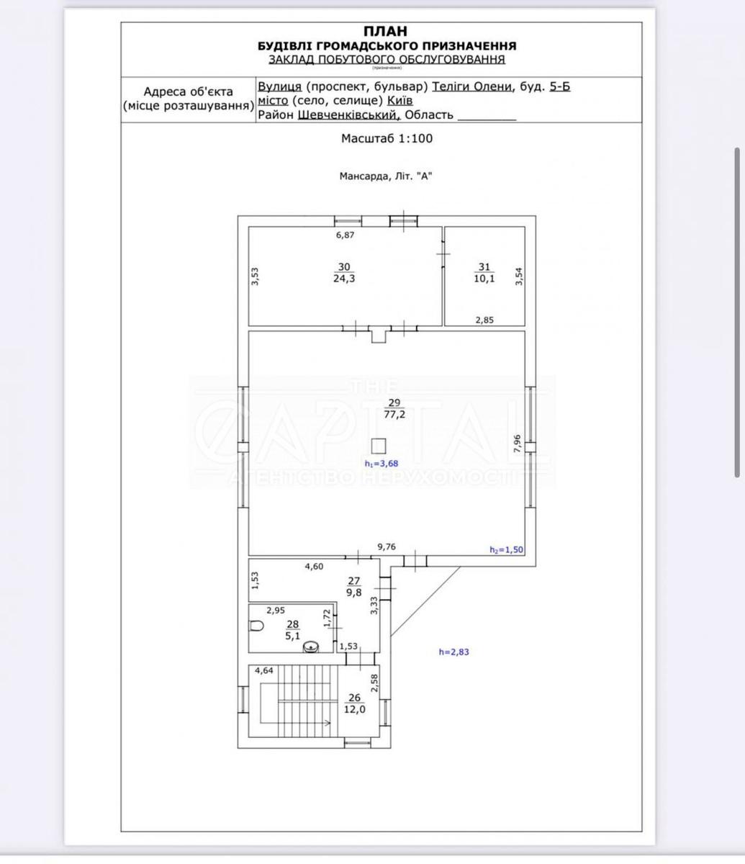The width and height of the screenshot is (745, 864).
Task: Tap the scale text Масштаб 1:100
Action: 387,138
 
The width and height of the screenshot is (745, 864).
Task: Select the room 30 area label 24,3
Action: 343,279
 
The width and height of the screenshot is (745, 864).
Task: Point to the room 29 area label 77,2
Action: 393,415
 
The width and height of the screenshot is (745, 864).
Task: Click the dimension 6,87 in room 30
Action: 346,235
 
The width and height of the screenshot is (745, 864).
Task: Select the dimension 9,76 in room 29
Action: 387,546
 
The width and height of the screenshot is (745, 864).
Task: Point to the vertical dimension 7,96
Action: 517,443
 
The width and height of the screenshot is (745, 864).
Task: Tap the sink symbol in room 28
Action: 311,647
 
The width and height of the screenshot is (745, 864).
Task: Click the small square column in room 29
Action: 379,445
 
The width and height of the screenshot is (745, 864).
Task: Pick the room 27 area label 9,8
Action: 353,593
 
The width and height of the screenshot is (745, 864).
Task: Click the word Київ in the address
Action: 399,101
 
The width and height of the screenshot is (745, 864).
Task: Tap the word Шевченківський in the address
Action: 348,115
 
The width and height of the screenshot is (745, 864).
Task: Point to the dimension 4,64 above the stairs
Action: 263,670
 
